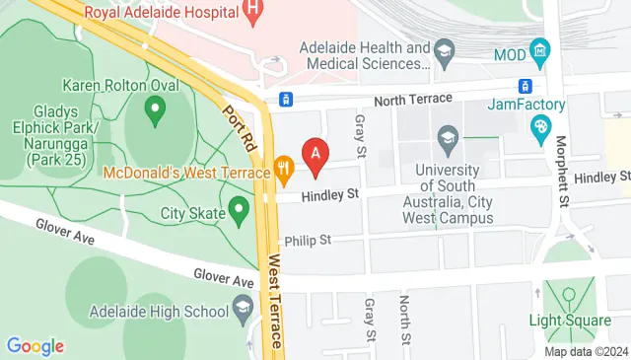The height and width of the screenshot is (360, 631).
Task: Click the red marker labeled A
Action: (x=315, y=154)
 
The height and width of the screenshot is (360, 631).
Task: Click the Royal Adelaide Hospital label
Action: (x=163, y=13)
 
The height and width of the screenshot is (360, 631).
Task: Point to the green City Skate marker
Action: (x=238, y=209)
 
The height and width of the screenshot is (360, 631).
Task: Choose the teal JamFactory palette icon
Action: (x=539, y=126)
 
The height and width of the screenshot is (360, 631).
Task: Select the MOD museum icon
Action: (x=538, y=48)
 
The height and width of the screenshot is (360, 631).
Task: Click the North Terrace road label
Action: (x=412, y=99)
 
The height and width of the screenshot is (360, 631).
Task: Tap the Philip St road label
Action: (x=308, y=241)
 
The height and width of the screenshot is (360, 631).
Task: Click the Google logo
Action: (x=35, y=346)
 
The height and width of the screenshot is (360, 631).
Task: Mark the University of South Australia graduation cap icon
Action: (x=449, y=136)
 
